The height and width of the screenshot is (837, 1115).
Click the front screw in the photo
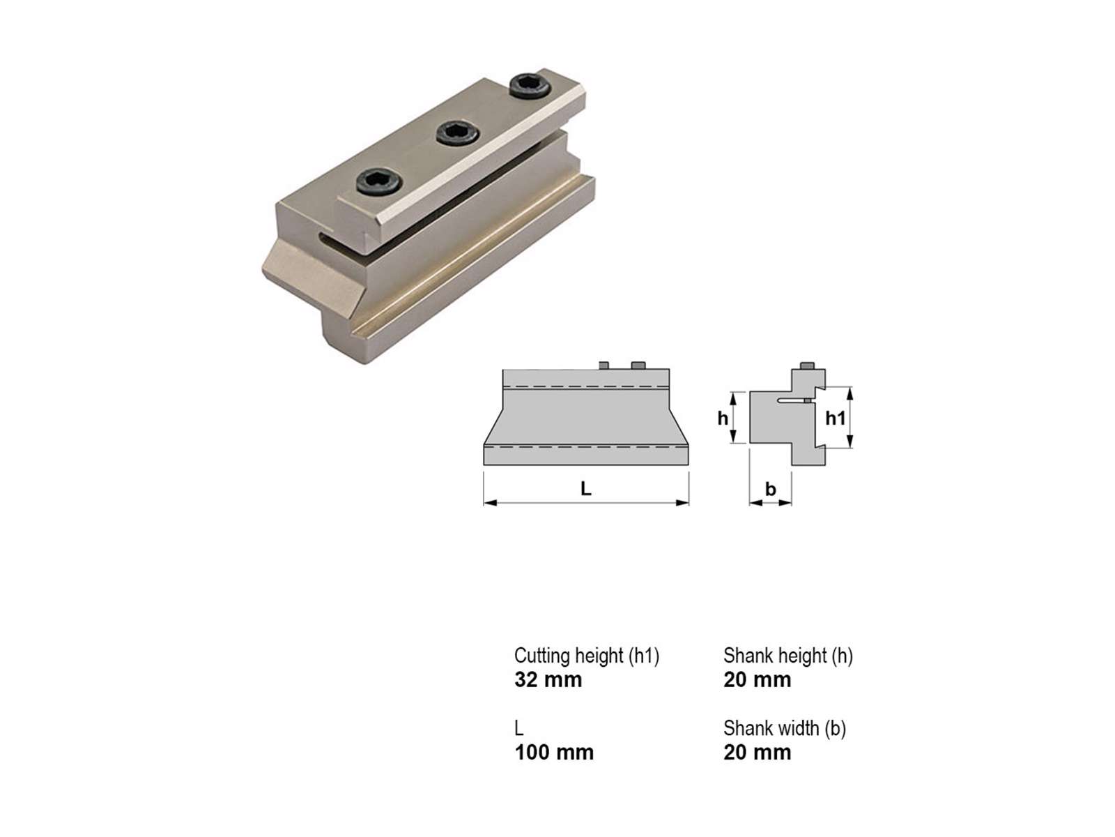click(x=379, y=181)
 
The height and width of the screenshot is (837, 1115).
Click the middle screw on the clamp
click(x=458, y=133)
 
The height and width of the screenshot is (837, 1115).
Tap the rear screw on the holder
click(x=530, y=86)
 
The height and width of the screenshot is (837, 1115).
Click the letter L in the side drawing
click(x=585, y=489)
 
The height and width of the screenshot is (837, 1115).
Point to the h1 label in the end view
click(x=835, y=418)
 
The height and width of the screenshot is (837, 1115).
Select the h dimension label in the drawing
click(x=723, y=418)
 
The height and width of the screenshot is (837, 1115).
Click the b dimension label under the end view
click(x=771, y=489)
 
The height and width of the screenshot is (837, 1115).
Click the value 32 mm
click(x=548, y=679)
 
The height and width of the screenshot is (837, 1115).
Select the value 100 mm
click(x=554, y=752)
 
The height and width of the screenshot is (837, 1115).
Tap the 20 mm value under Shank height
click(x=758, y=679)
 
